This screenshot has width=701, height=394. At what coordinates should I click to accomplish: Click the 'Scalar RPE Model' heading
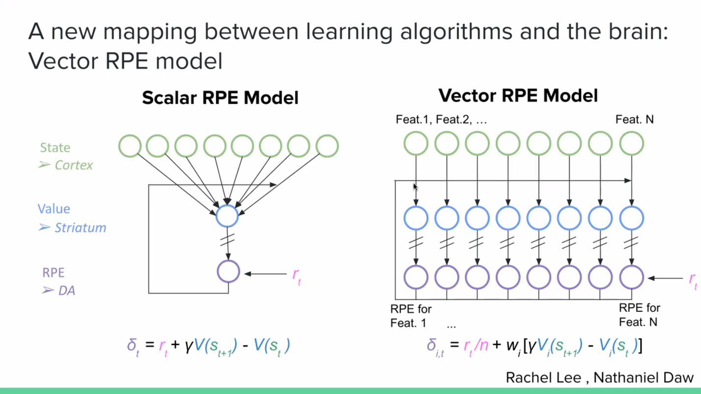click(x=220, y=98)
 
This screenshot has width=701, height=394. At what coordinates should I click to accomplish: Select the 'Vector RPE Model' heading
click(x=518, y=96)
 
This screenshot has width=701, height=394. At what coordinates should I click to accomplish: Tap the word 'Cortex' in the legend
click(x=74, y=165)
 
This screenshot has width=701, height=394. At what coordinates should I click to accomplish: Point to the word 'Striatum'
click(x=81, y=227)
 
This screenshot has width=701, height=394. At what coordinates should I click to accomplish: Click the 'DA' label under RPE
click(x=67, y=291)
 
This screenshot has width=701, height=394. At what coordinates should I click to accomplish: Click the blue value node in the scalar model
click(x=227, y=216)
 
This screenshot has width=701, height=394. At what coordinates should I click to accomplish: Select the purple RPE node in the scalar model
click(x=229, y=271)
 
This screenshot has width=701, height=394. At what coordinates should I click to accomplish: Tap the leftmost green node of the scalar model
click(x=130, y=146)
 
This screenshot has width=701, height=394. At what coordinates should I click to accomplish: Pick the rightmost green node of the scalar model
click(x=327, y=146)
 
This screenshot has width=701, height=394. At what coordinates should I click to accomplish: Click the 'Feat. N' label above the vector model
click(x=635, y=119)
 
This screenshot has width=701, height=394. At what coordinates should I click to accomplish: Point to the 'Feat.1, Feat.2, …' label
click(x=441, y=119)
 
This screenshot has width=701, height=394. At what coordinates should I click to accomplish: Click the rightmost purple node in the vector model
click(x=632, y=278)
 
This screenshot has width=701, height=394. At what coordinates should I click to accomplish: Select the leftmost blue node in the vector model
click(x=416, y=218)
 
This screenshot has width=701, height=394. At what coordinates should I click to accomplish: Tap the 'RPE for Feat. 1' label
click(x=411, y=316)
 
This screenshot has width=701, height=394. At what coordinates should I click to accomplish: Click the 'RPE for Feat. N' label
click(x=640, y=315)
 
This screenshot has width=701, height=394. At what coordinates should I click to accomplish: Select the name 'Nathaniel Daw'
click(x=643, y=378)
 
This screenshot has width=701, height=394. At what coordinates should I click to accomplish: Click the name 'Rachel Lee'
click(x=543, y=378)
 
